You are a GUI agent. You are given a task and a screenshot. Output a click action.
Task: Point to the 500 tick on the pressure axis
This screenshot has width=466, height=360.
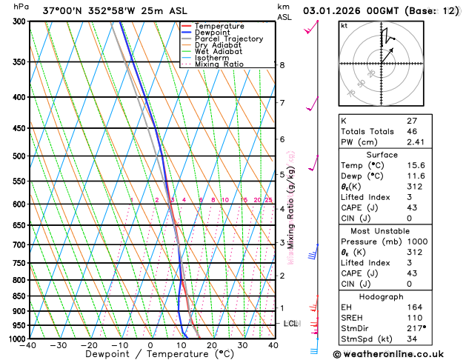16,156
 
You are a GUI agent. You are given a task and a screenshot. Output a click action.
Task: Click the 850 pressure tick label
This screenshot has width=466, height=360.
16,296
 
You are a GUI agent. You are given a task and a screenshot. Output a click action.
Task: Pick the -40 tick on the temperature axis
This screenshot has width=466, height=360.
29,345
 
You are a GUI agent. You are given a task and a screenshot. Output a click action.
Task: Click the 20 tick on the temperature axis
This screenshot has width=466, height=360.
212,345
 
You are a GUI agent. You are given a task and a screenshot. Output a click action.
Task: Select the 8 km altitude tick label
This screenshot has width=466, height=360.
282,65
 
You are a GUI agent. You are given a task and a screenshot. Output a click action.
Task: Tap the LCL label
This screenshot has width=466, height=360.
290,324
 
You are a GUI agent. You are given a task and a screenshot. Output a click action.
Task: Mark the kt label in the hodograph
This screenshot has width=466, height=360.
344,26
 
